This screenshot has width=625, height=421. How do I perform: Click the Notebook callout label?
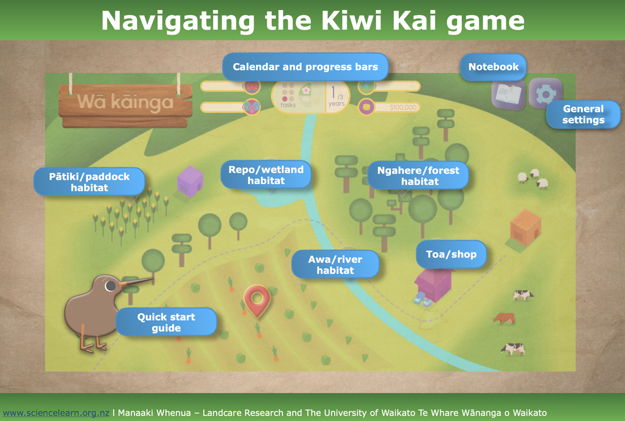tap(493, 67)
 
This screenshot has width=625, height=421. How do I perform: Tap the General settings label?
tap(583, 114)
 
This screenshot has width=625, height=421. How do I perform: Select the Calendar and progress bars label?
tap(305, 67)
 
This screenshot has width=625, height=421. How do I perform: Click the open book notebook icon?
tap(508, 94)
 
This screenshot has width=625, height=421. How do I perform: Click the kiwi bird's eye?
tap(110, 286)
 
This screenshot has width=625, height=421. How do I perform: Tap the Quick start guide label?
tap(166, 322)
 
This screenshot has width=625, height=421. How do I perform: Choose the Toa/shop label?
tap(452, 255)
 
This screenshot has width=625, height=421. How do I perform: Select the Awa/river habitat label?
tap(335, 264)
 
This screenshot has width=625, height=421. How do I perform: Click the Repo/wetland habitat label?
tap(266, 175)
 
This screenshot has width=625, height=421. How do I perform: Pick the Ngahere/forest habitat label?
tap(418, 175)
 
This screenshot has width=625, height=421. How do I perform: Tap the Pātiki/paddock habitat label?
tap(89, 182)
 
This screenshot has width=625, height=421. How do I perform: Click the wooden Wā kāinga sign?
tap(125, 103)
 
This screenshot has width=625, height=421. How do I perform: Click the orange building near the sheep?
tap(526, 227)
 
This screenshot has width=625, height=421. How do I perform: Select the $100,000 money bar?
tap(390, 108)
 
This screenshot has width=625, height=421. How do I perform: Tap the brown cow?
tap(504, 318)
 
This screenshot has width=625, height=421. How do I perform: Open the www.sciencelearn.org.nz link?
tap(56, 413)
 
